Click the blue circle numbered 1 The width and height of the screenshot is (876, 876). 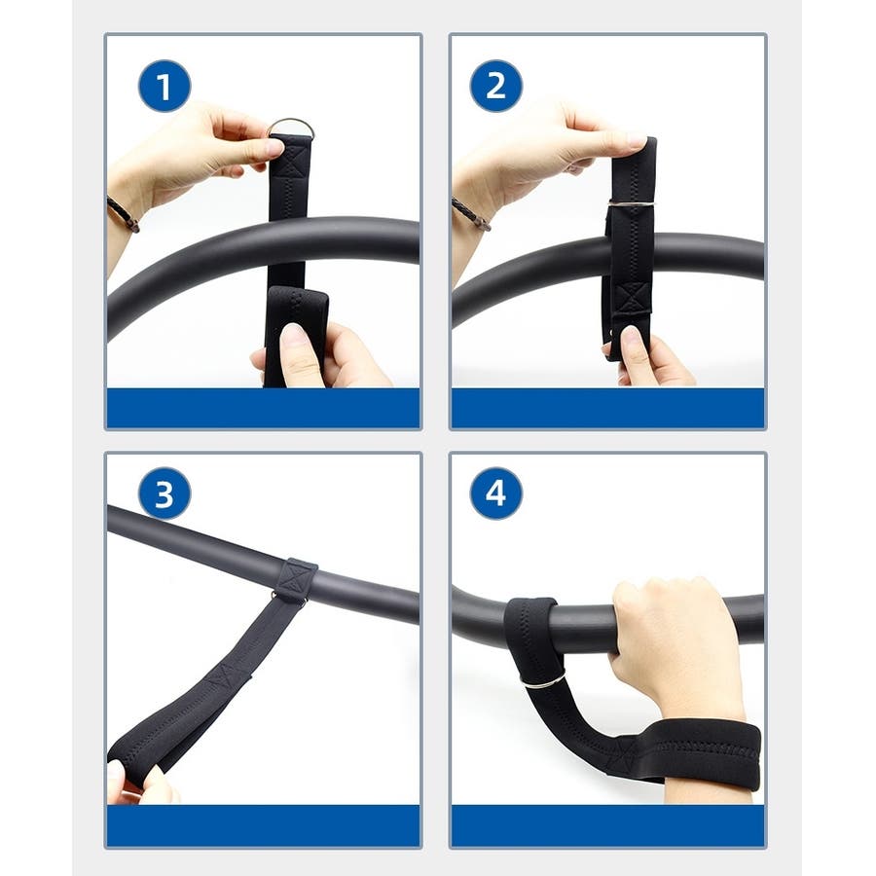coord(164,86)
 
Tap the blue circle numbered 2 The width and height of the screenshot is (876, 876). coord(496,86)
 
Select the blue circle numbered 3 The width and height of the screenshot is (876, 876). coord(164,493)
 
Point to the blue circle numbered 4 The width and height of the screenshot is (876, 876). coord(496,493)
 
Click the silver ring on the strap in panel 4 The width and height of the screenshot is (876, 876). coord(543,680)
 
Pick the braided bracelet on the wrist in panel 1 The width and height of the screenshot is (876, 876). coord(124,214)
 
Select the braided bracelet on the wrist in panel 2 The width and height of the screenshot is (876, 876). coord(471,214)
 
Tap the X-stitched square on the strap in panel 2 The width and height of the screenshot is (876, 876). coord(633,298)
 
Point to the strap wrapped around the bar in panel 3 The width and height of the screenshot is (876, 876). coord(295,580)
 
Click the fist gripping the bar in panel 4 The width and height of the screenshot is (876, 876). coord(674,637)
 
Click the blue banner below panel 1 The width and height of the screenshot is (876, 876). coord(263,408)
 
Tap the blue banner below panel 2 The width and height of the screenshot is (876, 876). coord(607,408)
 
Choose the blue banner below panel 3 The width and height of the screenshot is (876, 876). coord(263,825)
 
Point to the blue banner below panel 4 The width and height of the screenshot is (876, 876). coord(607,825)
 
